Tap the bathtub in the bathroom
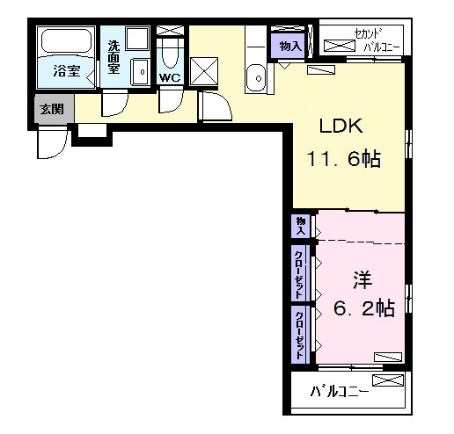coord(67,43)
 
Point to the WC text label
coord(170,76)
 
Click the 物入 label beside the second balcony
coord(289,46)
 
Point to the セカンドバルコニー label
coord(364,41)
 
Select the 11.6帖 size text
coord(343,159)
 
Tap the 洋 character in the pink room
coord(362,280)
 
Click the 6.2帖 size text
coord(362,308)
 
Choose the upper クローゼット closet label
coord(300,272)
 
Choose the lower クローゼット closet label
coord(300,334)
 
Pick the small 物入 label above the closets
coord(300,225)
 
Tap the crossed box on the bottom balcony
coord(388,380)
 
